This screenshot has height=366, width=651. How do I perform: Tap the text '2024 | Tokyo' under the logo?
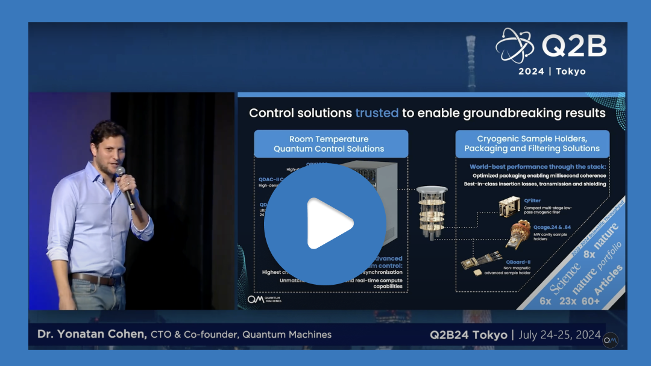(x=552, y=71)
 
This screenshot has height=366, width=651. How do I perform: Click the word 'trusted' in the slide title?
(x=377, y=113)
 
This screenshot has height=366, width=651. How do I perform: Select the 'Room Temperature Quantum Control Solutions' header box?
(x=330, y=144)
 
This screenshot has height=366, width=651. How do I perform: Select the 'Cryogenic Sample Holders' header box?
(x=532, y=144)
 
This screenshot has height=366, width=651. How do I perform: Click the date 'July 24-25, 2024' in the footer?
(x=560, y=335)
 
